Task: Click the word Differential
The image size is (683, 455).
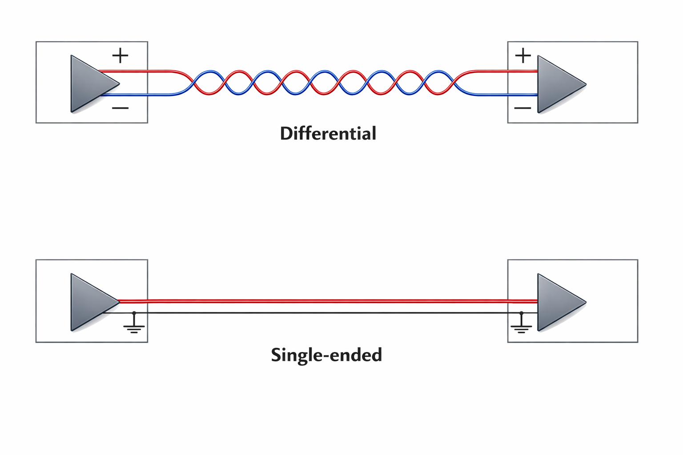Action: click(x=328, y=134)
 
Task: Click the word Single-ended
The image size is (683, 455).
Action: click(x=326, y=355)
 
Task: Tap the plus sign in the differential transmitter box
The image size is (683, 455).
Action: click(x=120, y=56)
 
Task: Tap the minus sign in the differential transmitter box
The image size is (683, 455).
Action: click(x=120, y=108)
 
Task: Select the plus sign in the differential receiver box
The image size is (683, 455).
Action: click(x=523, y=56)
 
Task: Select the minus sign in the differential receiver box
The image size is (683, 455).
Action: click(x=522, y=108)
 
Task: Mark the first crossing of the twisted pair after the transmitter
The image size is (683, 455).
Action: click(x=194, y=83)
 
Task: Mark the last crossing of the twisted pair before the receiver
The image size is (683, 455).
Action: click(x=453, y=83)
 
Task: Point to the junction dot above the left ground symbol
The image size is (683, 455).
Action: click(x=134, y=313)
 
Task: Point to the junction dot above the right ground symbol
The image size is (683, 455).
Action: click(x=521, y=313)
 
